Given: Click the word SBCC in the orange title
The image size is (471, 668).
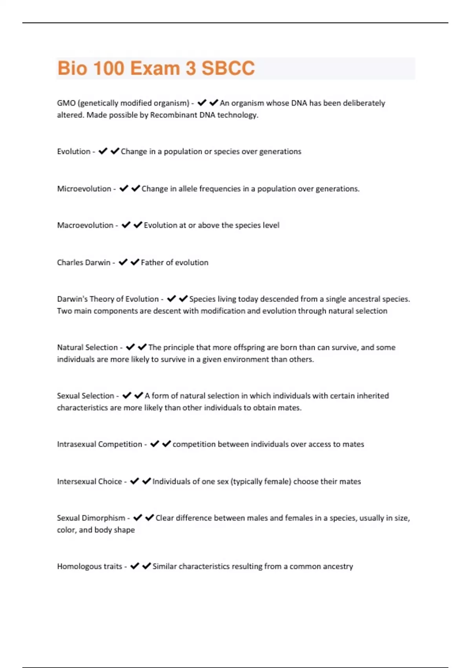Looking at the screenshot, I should pyautogui.click(x=228, y=68).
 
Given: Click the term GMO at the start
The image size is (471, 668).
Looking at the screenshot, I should pyautogui.click(x=66, y=103).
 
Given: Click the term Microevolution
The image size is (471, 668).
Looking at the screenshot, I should pyautogui.click(x=84, y=189).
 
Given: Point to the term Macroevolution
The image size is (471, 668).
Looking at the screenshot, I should pyautogui.click(x=85, y=225).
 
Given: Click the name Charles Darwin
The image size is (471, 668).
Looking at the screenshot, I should pyautogui.click(x=84, y=262).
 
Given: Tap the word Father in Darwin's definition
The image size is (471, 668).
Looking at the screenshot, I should pyautogui.click(x=152, y=262).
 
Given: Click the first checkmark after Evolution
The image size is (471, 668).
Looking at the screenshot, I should pyautogui.click(x=103, y=151).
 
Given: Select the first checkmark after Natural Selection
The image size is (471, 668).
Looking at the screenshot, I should pyautogui.click(x=130, y=347).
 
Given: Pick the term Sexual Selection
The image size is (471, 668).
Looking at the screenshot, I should pyautogui.click(x=85, y=396).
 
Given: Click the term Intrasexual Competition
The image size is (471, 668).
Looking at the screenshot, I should pyautogui.click(x=99, y=444).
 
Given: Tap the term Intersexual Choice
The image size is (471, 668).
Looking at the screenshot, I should pyautogui.click(x=89, y=481).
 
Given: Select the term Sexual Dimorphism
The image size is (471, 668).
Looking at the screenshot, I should pyautogui.click(x=91, y=518).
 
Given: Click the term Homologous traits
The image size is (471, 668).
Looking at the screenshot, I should pyautogui.click(x=89, y=566).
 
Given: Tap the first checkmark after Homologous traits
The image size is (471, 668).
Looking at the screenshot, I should pyautogui.click(x=135, y=566).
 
